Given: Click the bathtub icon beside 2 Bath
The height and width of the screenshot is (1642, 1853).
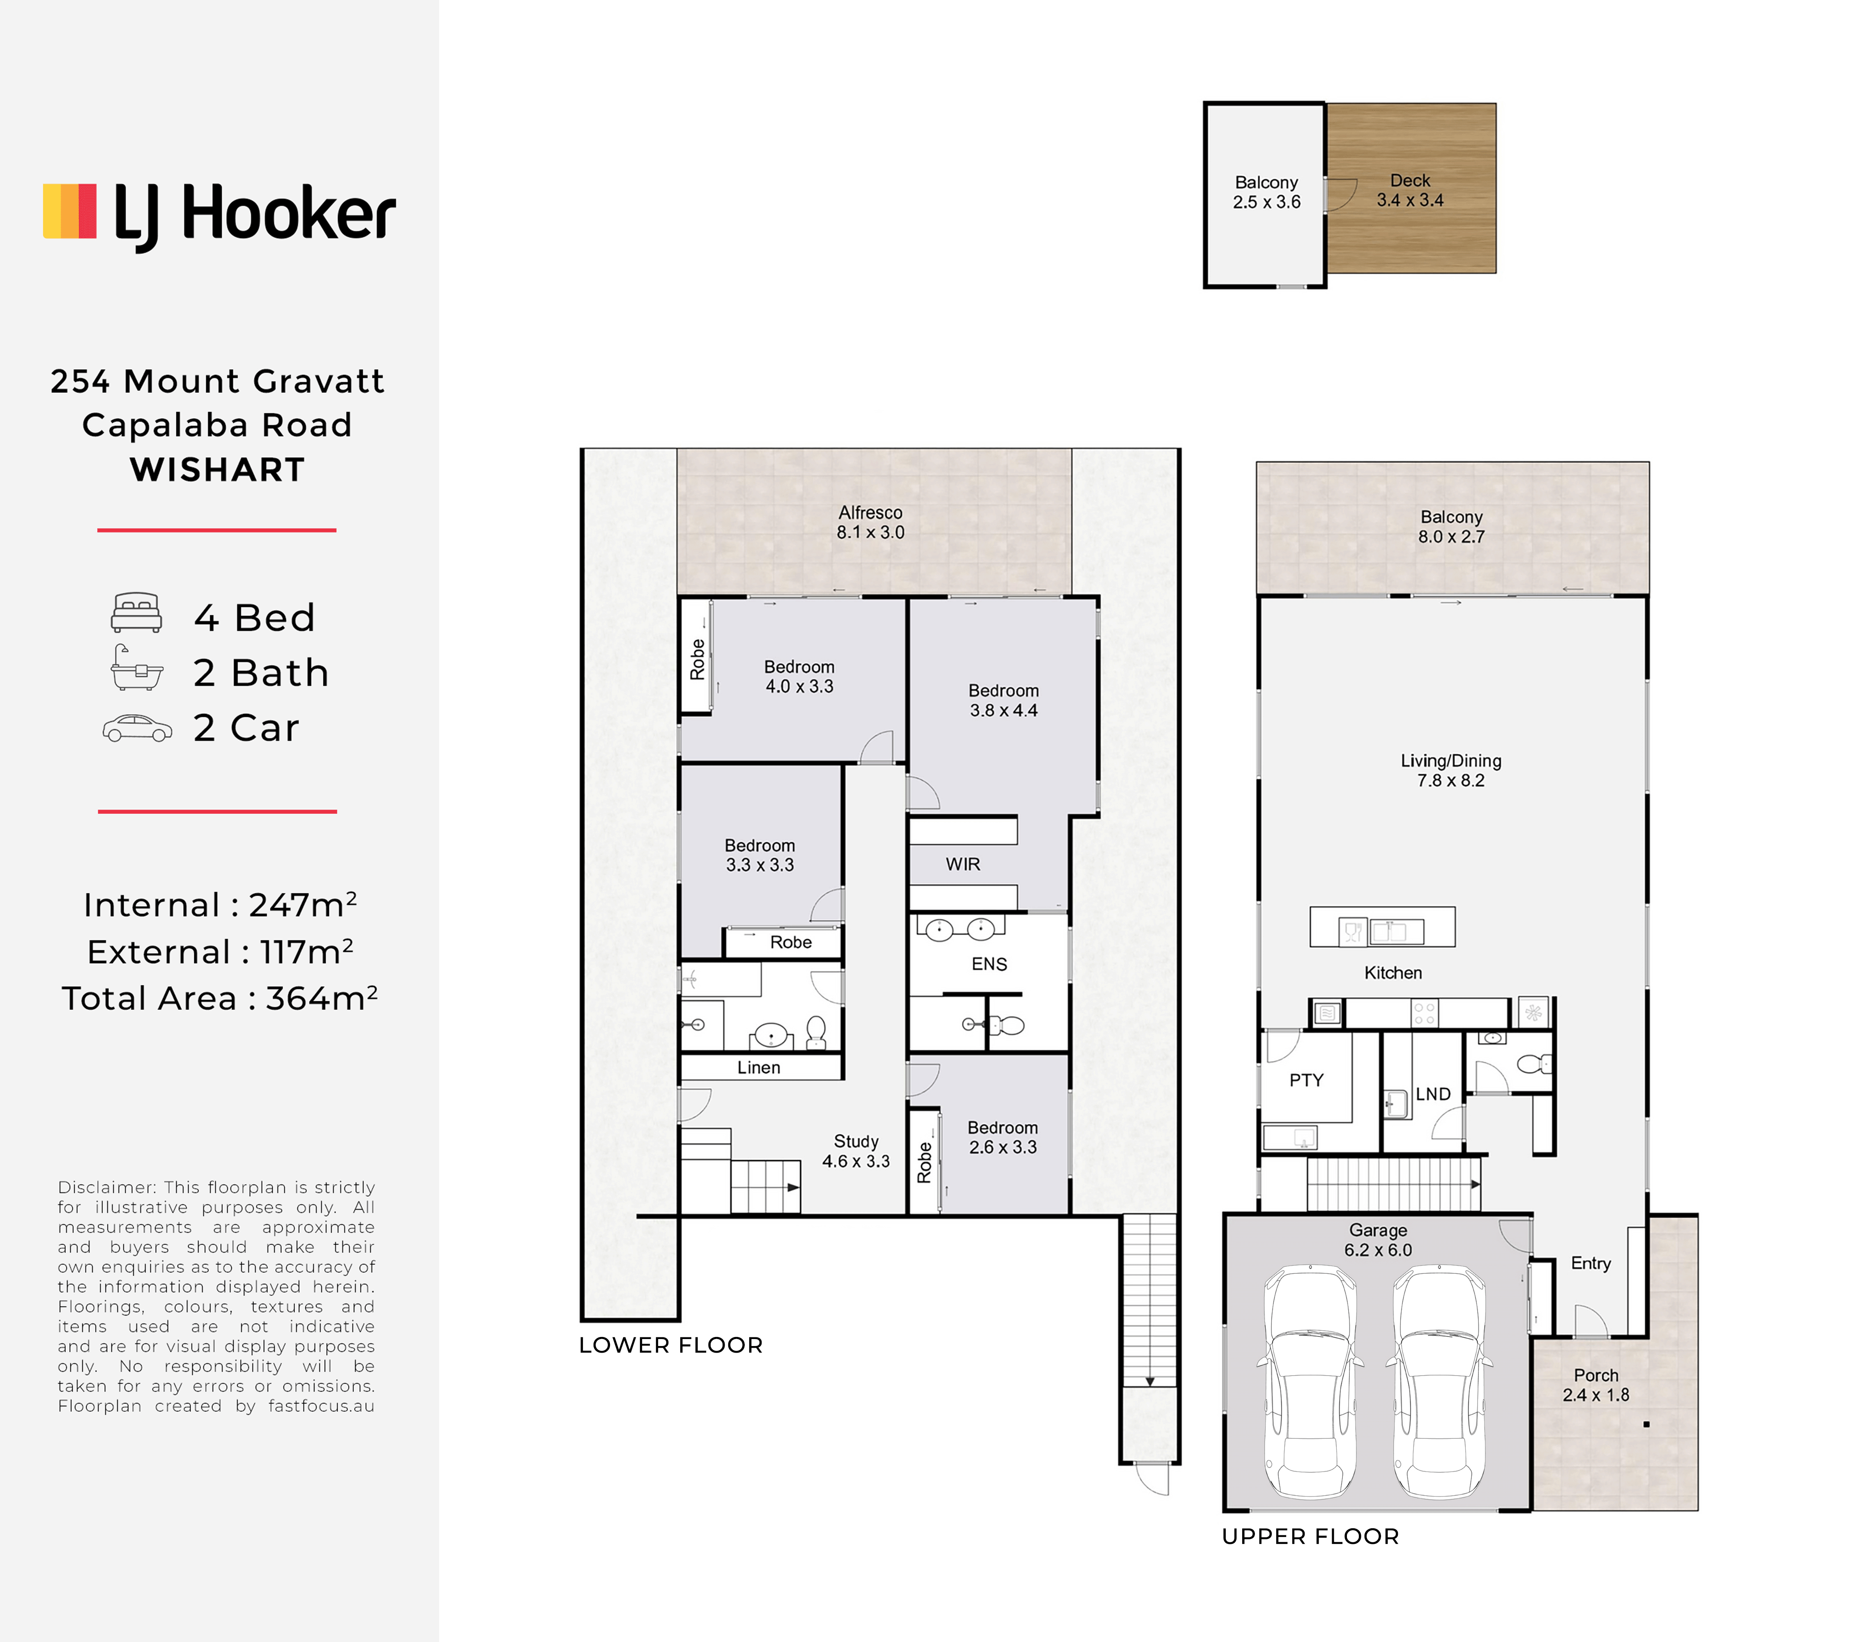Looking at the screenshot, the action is [137, 669].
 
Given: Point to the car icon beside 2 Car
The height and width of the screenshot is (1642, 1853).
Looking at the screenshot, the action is [137, 728].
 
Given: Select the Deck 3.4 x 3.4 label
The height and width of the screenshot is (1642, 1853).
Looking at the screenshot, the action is [1410, 190].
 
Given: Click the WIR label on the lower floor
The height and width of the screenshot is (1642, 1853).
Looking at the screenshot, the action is [963, 865].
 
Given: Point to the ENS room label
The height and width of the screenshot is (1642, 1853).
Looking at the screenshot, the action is [989, 964].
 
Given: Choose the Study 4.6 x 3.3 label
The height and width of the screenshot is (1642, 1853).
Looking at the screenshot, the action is [856, 1151].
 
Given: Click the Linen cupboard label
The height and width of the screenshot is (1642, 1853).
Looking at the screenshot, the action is [759, 1067].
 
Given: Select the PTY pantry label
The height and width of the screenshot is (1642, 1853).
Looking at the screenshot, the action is [1306, 1080].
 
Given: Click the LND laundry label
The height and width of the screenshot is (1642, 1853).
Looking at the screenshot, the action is [1433, 1094].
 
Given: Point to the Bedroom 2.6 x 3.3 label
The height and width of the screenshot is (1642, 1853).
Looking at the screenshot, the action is [1003, 1137].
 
